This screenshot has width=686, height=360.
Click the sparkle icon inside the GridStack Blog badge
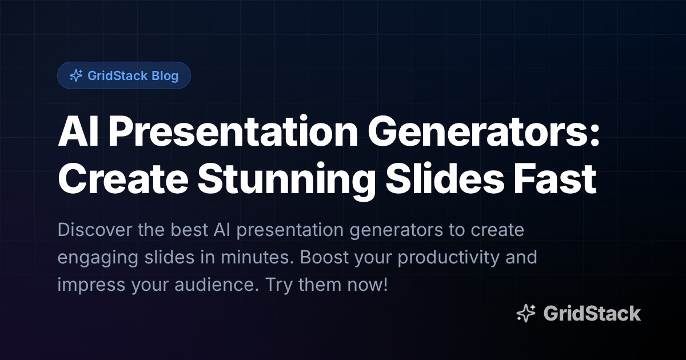pyautogui.click(x=75, y=75)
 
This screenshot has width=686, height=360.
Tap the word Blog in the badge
pyautogui.click(x=165, y=75)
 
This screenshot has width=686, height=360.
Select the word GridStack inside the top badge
pyautogui.click(x=117, y=75)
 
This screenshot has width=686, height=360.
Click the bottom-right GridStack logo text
pyautogui.click(x=592, y=313)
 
